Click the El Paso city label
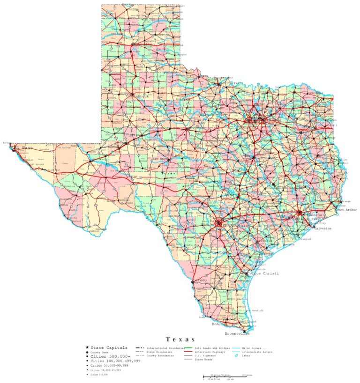(x=23, y=148)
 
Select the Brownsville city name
(x=237, y=334)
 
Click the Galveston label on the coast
(x=322, y=228)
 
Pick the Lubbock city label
(x=141, y=96)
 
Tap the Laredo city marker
(x=193, y=282)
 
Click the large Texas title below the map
(x=180, y=339)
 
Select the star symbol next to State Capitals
(x=87, y=348)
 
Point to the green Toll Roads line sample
(x=188, y=348)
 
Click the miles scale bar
(x=225, y=376)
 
